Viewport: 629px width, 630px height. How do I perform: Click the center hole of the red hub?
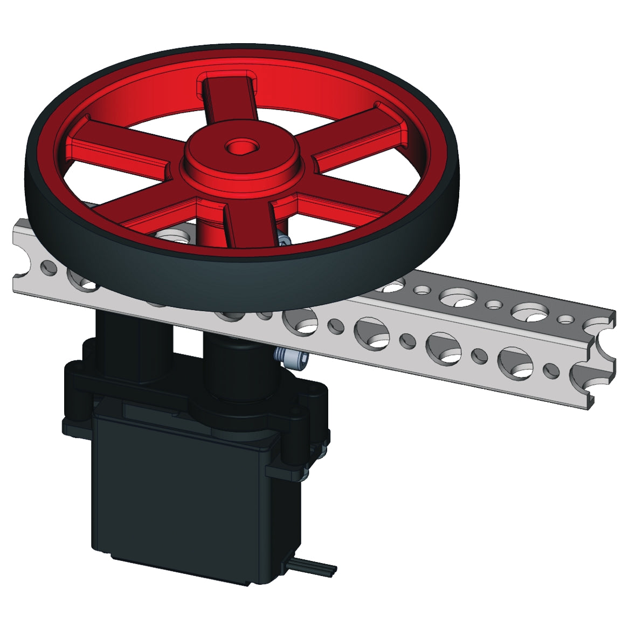tap(236, 146)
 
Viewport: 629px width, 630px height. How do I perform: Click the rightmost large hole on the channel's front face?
tap(516, 360)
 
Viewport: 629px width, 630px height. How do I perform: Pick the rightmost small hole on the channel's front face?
tap(551, 369)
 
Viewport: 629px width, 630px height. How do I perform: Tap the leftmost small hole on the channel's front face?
tap(49, 266)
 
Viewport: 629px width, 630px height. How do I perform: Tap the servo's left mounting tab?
tap(73, 399)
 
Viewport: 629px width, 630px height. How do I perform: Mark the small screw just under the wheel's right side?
tap(284, 241)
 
